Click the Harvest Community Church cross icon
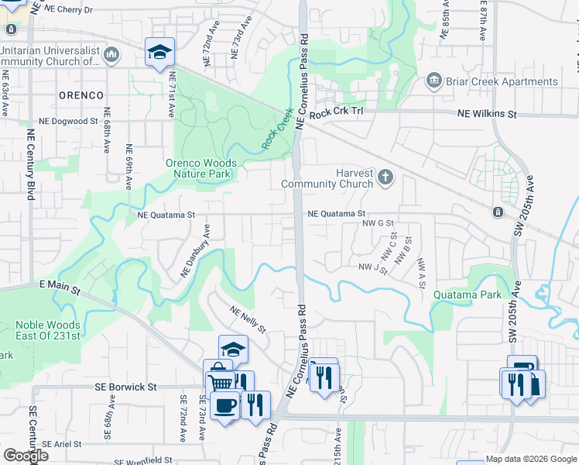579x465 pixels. [385, 179]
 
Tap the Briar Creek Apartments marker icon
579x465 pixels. [433, 81]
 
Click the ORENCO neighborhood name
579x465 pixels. [81, 95]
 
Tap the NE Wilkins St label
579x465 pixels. [487, 114]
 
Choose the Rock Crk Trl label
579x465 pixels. [336, 114]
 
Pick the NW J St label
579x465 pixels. [372, 267]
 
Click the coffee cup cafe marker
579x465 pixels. [224, 405]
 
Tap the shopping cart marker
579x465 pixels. [221, 382]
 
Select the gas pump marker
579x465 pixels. [522, 367]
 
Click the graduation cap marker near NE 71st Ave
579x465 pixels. [160, 51]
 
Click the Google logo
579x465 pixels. [25, 456]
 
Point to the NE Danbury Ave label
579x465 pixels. [194, 251]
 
